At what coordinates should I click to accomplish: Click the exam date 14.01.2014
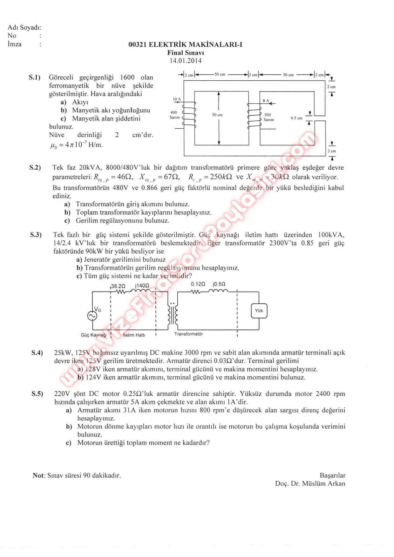[x=186, y=61]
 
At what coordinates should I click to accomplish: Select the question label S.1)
[x=35, y=77]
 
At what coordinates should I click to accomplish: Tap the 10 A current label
[x=177, y=99]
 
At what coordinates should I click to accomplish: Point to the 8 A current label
[x=266, y=101]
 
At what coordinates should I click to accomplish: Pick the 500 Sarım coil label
[x=268, y=117]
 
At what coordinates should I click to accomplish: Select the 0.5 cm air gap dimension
[x=296, y=118]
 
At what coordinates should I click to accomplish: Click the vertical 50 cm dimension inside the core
[x=218, y=115]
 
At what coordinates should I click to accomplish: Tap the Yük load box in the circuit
[x=259, y=311]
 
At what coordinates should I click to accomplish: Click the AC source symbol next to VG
[x=92, y=315]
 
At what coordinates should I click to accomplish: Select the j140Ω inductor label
[x=142, y=286]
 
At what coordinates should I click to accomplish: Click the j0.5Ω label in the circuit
[x=219, y=284]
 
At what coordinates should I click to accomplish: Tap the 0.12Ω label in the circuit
[x=198, y=284]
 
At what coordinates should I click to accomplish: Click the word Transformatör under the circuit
[x=188, y=334]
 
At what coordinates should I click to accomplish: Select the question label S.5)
[x=37, y=394]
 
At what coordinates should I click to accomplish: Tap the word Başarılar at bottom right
[x=332, y=475]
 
